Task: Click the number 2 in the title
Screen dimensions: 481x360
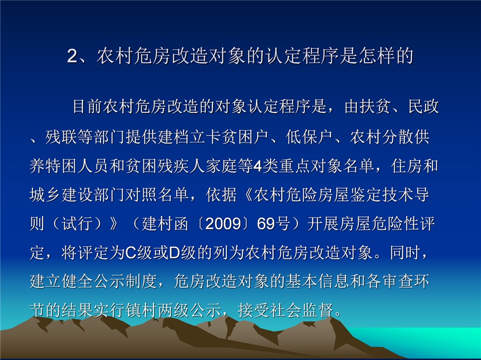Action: click(73, 56)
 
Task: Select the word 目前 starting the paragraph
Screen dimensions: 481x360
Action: click(88, 107)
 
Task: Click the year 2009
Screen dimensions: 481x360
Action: click(223, 224)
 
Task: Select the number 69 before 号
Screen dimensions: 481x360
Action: click(266, 224)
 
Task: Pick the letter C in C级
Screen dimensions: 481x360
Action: click(131, 253)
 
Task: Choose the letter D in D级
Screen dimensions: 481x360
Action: click(174, 253)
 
